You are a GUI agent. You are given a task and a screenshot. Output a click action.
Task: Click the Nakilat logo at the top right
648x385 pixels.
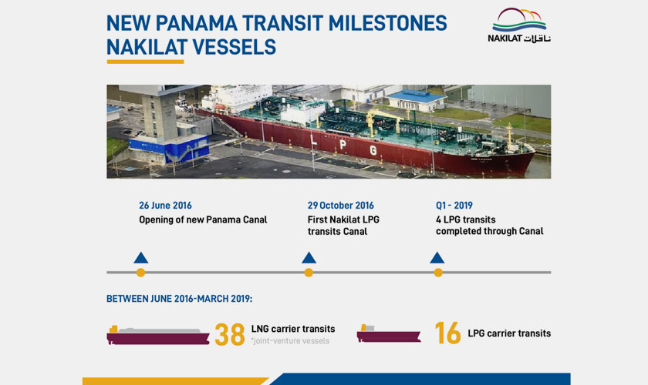coord(519,25)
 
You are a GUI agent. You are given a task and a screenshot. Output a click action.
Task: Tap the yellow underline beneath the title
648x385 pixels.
coord(145,62)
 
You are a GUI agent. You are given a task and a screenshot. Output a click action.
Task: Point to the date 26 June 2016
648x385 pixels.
coord(165,206)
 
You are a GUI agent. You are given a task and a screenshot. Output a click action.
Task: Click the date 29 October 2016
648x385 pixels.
coord(340,206)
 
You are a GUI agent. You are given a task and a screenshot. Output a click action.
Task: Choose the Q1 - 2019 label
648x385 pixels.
coord(454,206)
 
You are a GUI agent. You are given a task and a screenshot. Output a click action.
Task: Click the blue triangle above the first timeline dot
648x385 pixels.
coord(141,258)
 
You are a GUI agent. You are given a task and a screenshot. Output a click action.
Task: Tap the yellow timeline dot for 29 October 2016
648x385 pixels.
coord(309,273)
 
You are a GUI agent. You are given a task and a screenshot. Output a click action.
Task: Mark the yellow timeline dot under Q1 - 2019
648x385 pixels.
coord(438,273)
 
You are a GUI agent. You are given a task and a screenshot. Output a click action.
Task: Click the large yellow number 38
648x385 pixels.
coord(230,334)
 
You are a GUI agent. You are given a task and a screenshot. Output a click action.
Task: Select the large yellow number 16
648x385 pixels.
coord(447,333)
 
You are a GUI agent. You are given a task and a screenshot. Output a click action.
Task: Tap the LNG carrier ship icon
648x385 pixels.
coord(158,335)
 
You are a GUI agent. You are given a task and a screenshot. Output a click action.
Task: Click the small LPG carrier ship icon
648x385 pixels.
coord(389,333)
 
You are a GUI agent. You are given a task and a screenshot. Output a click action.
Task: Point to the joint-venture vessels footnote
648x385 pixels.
coord(290,341)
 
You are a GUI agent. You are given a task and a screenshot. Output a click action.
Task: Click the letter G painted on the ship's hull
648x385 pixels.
coord(373,150)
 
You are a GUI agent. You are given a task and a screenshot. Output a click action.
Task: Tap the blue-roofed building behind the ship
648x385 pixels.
coord(417,101)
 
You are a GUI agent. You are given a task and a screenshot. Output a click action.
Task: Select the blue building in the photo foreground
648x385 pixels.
coord(169,149)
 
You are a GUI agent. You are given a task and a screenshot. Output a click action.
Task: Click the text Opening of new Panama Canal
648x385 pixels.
coord(203,220)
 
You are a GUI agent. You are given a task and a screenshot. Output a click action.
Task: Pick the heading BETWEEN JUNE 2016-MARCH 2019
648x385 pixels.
coord(179,299)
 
